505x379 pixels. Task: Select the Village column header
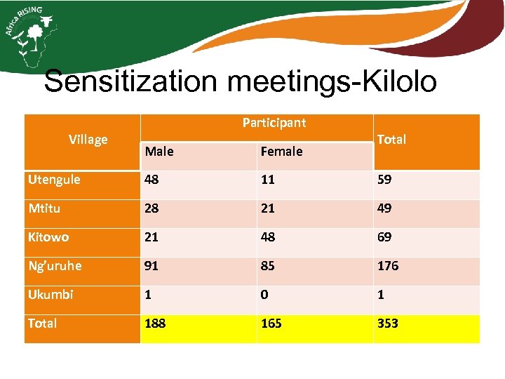(x=88, y=139)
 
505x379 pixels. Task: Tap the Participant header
(x=274, y=123)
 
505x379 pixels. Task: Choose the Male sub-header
(x=160, y=151)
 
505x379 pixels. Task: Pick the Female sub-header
(x=281, y=151)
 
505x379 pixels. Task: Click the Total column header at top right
(x=391, y=139)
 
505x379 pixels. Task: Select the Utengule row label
(x=54, y=180)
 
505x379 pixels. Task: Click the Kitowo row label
(x=48, y=237)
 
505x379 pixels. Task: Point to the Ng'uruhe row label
(x=55, y=266)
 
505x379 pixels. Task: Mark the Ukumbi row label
(x=50, y=295)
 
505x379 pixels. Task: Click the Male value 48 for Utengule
(x=152, y=180)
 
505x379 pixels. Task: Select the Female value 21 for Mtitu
(x=268, y=208)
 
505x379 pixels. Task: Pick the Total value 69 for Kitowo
(x=384, y=237)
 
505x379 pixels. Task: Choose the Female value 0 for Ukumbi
(x=264, y=295)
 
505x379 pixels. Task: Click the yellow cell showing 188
(x=156, y=324)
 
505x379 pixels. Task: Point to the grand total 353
(x=388, y=324)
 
